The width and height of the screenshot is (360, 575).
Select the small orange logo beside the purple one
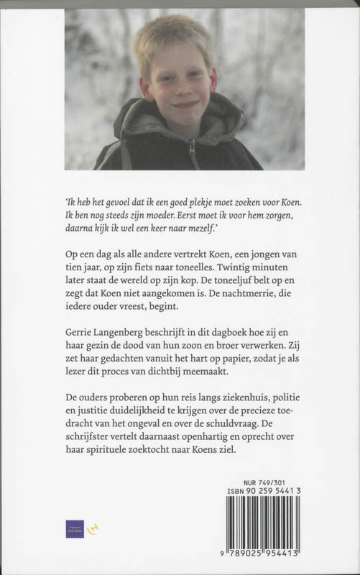(x=91, y=529)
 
